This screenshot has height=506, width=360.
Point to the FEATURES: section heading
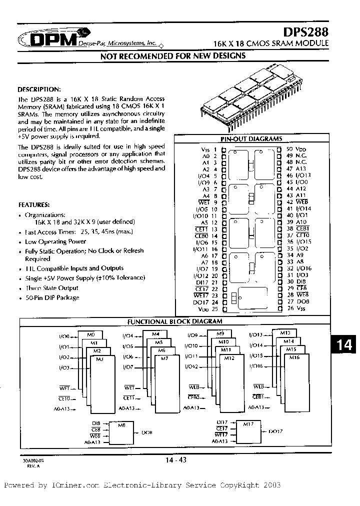tap(34, 205)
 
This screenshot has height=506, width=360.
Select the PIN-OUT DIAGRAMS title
tap(251, 139)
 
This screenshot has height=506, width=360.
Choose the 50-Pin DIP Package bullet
tap(52, 297)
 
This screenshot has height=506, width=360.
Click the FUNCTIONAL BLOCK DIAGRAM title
tap(175, 321)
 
